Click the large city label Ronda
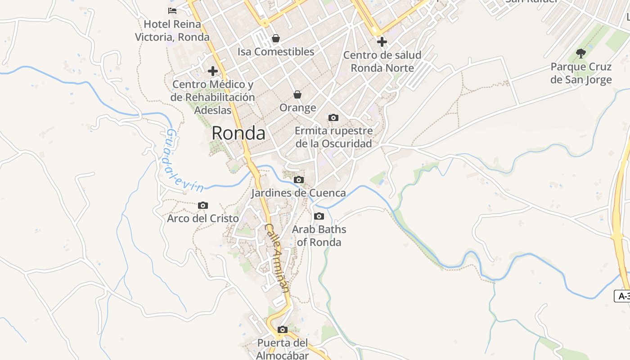tap(238, 133)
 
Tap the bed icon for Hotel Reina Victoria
tap(172, 10)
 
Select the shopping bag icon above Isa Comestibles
tap(276, 39)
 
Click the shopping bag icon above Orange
tap(297, 94)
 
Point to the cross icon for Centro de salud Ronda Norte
tap(382, 42)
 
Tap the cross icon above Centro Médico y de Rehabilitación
tap(213, 71)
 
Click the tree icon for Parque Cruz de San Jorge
tap(581, 54)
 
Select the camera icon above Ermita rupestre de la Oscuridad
tap(333, 118)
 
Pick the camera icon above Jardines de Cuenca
tap(298, 180)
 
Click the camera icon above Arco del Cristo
tap(203, 206)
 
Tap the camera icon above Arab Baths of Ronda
tap(319, 216)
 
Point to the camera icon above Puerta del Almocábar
tap(283, 330)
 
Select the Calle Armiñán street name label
tap(276, 258)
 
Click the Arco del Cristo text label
tap(203, 219)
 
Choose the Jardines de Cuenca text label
tap(298, 193)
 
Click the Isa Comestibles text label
tap(276, 52)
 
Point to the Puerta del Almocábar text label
tap(283, 349)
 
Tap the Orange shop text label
tap(297, 108)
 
